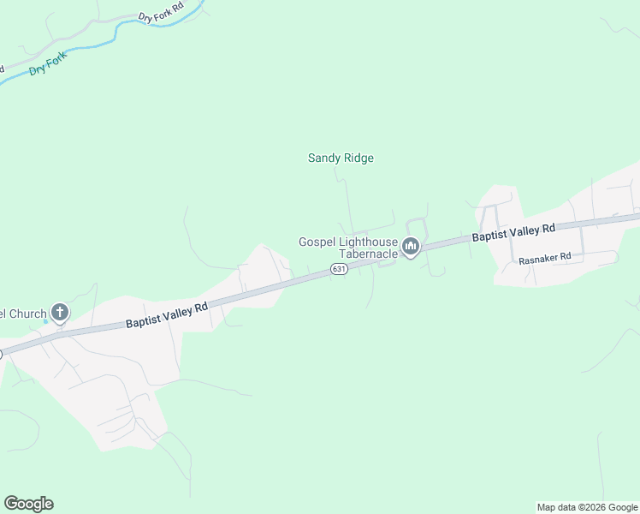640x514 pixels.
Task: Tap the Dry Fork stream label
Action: [48, 65]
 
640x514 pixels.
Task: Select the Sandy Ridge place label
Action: [341, 158]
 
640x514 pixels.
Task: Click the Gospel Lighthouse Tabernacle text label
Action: [347, 248]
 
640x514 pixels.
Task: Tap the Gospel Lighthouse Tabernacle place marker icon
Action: [411, 248]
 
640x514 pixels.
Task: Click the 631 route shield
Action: [339, 269]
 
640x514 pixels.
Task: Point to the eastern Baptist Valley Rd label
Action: [513, 232]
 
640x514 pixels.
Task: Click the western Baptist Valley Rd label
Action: [168, 314]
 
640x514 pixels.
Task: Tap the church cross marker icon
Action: [60, 312]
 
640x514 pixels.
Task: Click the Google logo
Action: [28, 504]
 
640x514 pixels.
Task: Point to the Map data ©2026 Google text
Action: [587, 507]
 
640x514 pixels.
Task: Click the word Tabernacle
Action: [369, 254]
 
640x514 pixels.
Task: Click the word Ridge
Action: [359, 158]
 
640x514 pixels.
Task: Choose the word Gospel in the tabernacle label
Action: [315, 242]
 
